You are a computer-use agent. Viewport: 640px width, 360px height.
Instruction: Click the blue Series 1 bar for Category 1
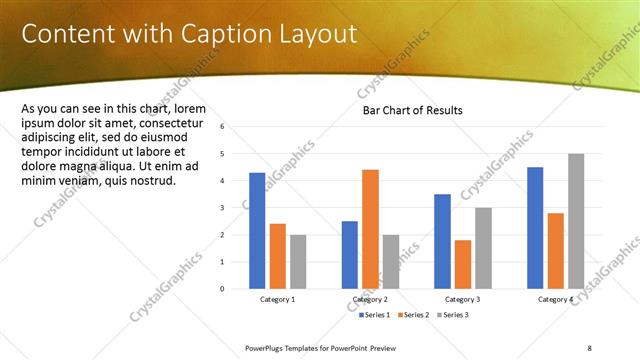click(257, 231)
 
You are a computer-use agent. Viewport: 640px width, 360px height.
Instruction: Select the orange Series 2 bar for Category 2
click(370, 229)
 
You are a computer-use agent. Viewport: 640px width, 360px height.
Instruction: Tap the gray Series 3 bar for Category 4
click(575, 221)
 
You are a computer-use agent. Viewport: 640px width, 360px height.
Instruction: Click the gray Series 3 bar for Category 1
click(298, 262)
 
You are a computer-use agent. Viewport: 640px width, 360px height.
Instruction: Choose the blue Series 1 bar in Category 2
click(350, 255)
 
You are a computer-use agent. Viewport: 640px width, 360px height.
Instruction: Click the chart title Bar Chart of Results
click(412, 110)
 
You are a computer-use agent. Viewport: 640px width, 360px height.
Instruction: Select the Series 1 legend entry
click(375, 315)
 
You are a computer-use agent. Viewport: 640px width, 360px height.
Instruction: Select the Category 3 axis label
click(463, 300)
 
